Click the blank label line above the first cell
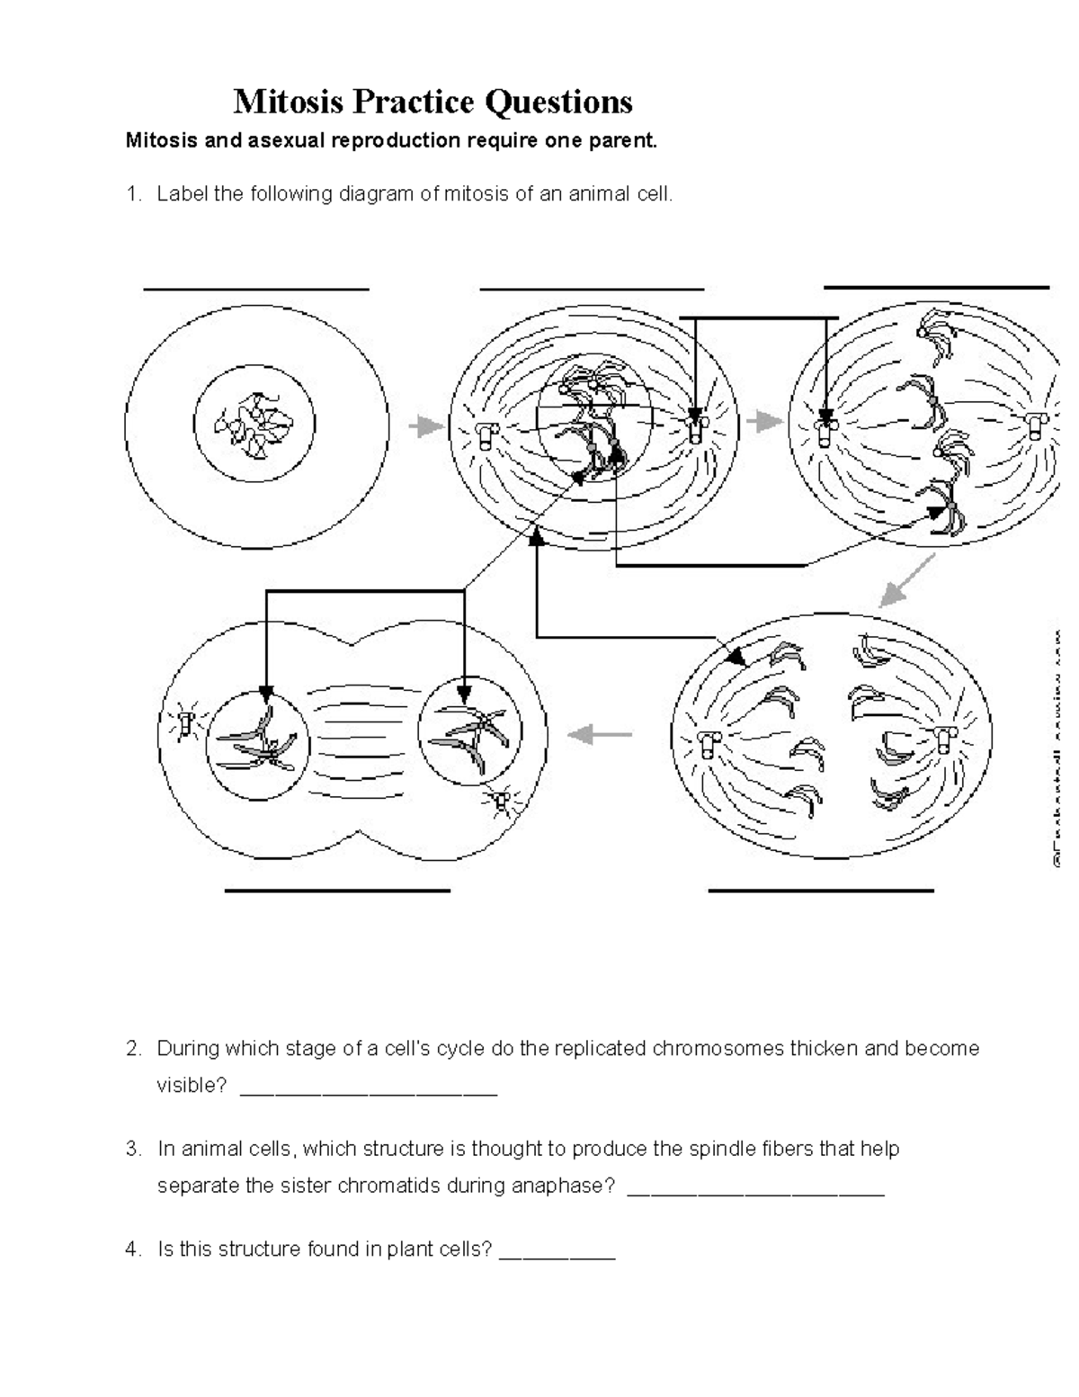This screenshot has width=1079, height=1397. [x=256, y=290]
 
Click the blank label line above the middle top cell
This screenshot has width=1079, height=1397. [x=592, y=290]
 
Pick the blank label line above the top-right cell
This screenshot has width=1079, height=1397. [x=936, y=287]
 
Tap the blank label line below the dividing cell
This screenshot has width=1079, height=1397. [x=336, y=891]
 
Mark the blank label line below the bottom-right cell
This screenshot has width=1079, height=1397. [x=821, y=891]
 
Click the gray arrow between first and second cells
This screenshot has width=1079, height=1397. [x=427, y=425]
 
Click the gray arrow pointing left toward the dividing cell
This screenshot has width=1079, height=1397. [x=600, y=735]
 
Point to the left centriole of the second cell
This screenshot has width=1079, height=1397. [x=486, y=435]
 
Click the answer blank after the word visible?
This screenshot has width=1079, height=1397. [x=369, y=1092]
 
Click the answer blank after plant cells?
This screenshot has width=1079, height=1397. [x=557, y=1257]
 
